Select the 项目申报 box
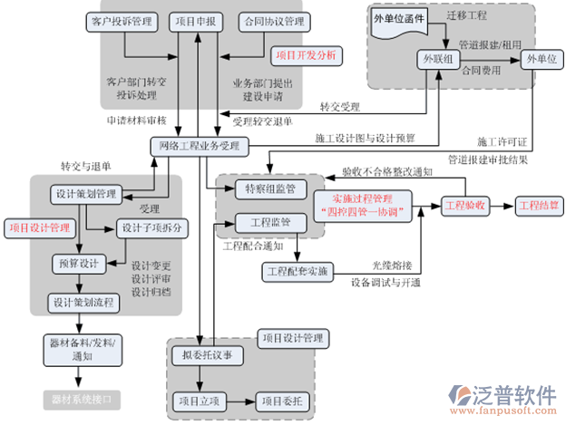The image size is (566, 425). [198, 21]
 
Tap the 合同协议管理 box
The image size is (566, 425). [272, 21]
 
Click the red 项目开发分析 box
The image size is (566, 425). [307, 55]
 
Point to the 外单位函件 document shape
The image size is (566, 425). [400, 20]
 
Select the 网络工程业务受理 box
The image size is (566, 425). [199, 145]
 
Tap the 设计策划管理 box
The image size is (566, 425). [86, 194]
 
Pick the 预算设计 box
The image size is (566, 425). [77, 263]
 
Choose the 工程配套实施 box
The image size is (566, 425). [298, 271]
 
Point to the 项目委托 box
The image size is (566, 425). [281, 400]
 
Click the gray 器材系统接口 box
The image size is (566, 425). [81, 399]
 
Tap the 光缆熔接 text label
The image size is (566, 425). [393, 266]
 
